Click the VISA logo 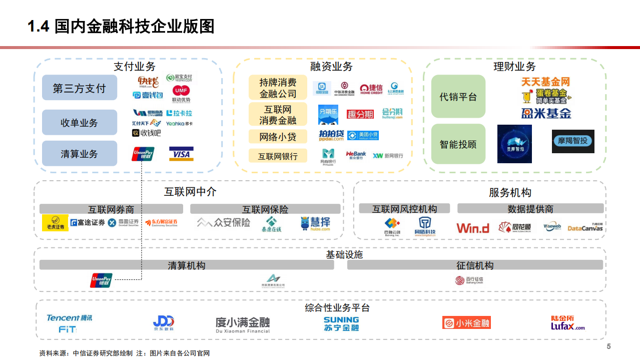[x=181, y=154]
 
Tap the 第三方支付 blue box [x=80, y=88]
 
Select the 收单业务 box [x=80, y=123]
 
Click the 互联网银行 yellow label [x=278, y=156]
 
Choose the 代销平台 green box [x=458, y=97]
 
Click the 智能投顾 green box [x=458, y=144]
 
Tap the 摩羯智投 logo [x=573, y=141]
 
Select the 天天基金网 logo [x=545, y=82]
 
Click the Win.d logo [x=472, y=228]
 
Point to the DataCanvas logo [x=585, y=228]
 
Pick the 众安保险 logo [x=223, y=222]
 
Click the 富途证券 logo [x=88, y=222]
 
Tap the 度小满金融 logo [x=243, y=324]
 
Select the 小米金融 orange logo [x=466, y=323]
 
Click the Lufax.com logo [x=567, y=323]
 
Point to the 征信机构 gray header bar [x=475, y=265]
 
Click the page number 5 [x=608, y=346]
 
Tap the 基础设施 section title [x=344, y=254]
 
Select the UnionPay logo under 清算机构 [x=101, y=280]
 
